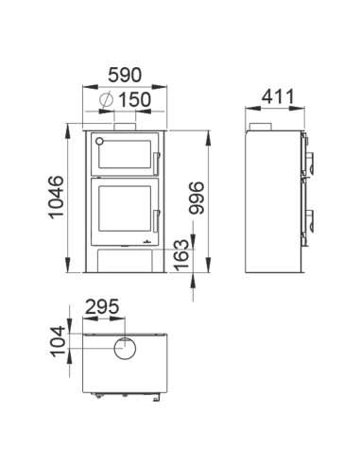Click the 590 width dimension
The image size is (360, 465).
125,75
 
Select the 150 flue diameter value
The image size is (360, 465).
134,99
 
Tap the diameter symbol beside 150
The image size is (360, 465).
106,99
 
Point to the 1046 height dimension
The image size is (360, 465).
56,198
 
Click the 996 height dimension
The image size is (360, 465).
197,198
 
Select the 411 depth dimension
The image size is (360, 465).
278,96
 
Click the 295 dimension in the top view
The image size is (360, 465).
102,306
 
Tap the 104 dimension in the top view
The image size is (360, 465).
59,342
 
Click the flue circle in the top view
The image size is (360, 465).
125,349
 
